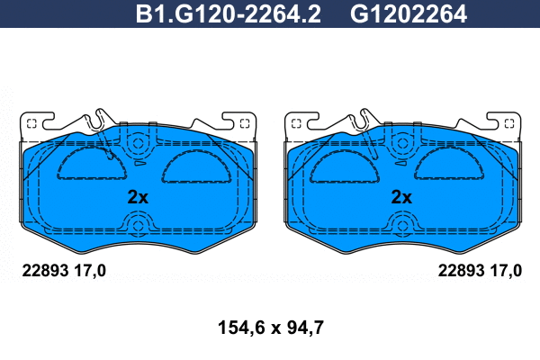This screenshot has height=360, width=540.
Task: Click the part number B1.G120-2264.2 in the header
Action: (229, 14)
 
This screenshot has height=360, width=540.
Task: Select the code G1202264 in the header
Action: (409, 14)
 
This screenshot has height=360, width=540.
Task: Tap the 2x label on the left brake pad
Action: (138, 197)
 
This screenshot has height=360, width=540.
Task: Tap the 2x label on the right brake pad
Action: (401, 197)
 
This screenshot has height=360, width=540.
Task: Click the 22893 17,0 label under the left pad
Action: (64, 271)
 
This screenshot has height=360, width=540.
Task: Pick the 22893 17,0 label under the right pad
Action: (480, 271)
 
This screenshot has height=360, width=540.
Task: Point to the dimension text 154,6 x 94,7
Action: (271, 328)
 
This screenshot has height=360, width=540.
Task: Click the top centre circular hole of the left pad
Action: (138, 143)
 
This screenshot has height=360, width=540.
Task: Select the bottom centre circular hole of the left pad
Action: (138, 226)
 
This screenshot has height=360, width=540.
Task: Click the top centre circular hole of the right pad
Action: (402, 143)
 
